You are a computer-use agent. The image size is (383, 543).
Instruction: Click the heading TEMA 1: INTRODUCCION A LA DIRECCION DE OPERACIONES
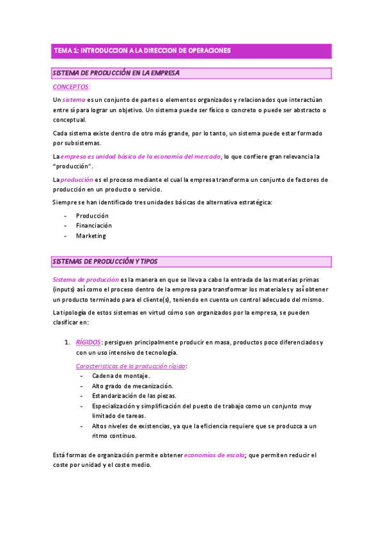[x=141, y=50]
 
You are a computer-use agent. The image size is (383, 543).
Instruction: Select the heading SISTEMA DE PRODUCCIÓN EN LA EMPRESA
[x=116, y=73]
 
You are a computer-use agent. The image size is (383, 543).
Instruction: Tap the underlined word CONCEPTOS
[x=70, y=86]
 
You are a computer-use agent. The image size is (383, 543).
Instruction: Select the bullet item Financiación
[x=93, y=225]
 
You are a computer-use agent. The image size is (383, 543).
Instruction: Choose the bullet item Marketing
[x=91, y=236]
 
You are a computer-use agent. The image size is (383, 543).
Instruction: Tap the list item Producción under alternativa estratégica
[x=92, y=216]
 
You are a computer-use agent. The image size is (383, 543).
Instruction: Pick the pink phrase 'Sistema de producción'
[x=86, y=279]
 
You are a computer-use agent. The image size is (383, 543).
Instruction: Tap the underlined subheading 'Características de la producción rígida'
[x=131, y=366]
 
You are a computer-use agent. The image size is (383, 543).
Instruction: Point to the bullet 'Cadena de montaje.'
[x=120, y=376]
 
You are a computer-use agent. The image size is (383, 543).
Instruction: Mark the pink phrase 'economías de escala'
[x=214, y=455]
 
